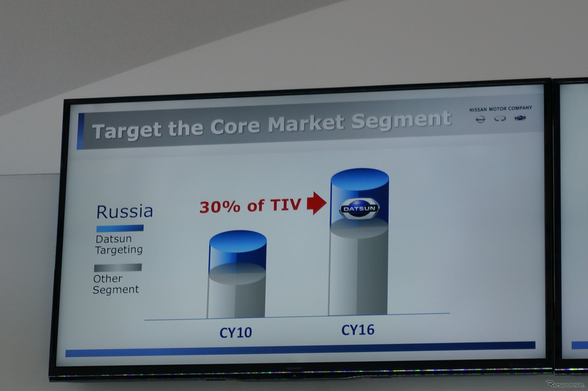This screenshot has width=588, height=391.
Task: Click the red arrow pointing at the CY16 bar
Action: click(316, 203)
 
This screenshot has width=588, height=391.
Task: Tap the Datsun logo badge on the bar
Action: click(359, 208)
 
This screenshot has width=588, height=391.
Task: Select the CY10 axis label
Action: click(236, 333)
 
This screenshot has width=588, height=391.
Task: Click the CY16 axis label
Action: click(358, 330)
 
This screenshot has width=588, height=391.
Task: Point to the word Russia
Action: click(125, 211)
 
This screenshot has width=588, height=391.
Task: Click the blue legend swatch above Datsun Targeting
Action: click(120, 228)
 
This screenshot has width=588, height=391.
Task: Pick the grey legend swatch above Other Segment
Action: click(118, 267)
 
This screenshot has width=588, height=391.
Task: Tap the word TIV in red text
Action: click(285, 205)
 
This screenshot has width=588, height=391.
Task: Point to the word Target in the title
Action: click(126, 130)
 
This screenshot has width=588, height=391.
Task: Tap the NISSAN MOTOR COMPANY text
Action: click(501, 109)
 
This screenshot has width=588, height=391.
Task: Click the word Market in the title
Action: click(306, 124)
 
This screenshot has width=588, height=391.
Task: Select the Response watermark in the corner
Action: click(566, 384)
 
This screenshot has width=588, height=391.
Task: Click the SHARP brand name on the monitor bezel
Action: click(294, 368)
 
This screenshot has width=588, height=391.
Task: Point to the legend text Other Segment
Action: click(116, 284)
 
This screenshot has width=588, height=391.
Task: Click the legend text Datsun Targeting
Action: click(119, 244)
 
